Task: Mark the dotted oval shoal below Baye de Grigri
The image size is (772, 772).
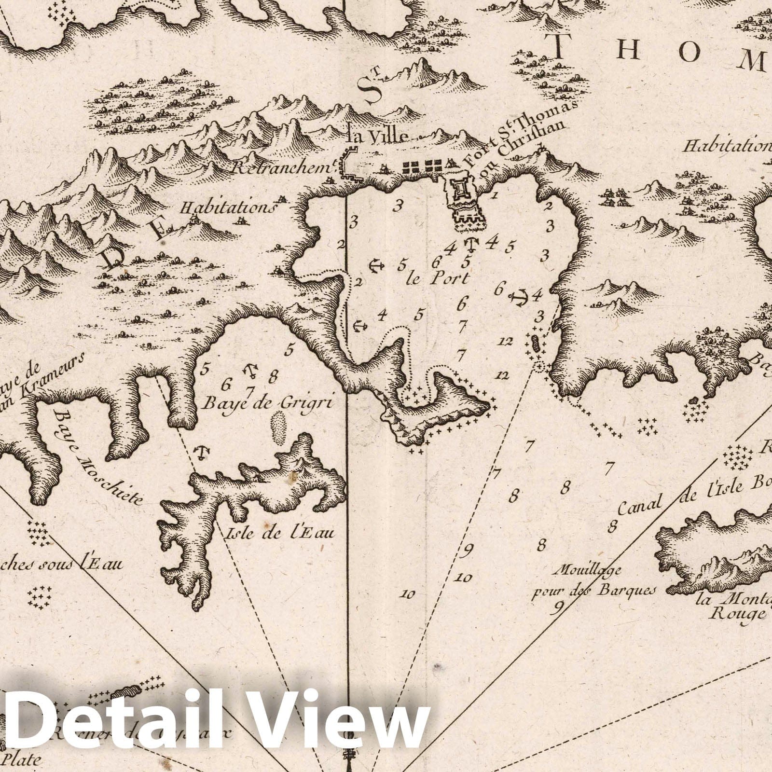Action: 279,427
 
